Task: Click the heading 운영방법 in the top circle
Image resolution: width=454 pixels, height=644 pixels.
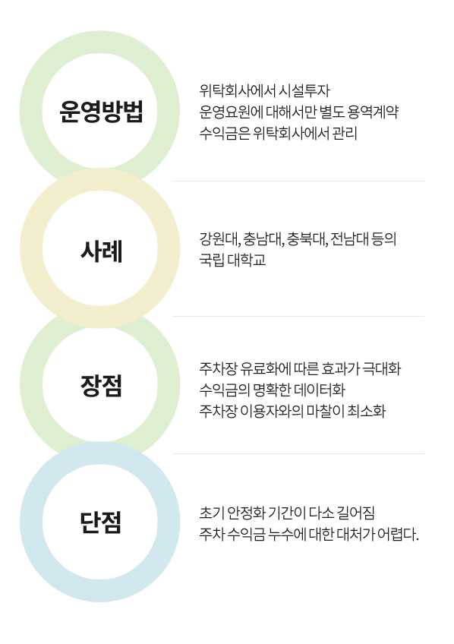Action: click(101, 112)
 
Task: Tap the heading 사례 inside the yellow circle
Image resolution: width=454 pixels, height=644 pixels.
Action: click(101, 251)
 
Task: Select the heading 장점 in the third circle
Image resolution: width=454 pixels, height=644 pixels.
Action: click(101, 386)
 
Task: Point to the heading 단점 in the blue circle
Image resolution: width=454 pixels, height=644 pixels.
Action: click(101, 522)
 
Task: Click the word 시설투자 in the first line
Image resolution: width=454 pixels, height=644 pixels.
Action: click(304, 91)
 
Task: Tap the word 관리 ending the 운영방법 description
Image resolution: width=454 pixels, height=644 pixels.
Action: click(345, 133)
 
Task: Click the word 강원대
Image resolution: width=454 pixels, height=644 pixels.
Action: click(219, 238)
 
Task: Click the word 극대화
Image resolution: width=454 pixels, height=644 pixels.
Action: click(382, 368)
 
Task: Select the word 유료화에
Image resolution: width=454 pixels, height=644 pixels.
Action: click(266, 368)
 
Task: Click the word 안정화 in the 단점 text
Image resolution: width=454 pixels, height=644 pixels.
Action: click(246, 513)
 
